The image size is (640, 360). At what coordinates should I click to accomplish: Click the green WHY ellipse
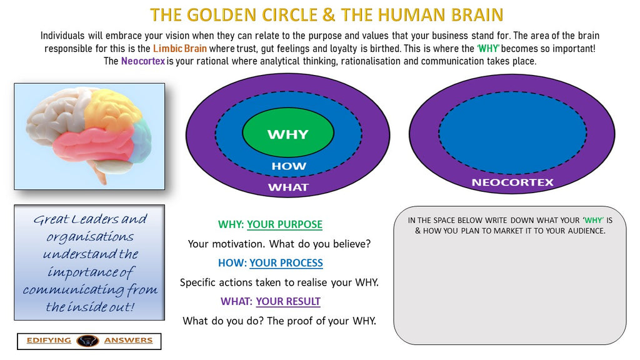287,134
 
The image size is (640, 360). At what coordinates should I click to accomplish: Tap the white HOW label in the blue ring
288,166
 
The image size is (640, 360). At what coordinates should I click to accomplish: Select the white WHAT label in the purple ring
288,187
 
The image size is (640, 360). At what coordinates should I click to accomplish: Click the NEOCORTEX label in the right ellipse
512,182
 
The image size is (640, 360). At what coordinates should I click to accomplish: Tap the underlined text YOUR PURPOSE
284,224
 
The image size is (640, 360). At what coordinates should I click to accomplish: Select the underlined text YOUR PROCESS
286,263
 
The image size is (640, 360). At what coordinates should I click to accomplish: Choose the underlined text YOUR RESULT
288,301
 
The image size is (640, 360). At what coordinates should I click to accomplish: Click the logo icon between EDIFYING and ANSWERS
87,341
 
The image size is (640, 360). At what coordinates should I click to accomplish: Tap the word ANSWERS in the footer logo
128,341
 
